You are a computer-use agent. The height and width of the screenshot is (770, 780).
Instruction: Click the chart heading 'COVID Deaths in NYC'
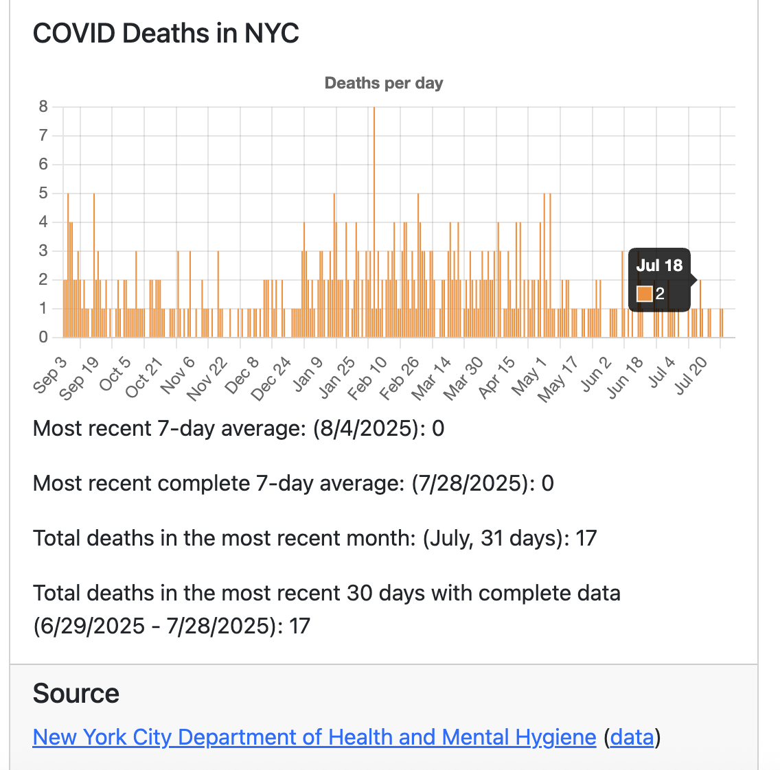click(165, 33)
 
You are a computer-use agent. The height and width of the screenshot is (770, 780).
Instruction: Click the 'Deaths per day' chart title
click(383, 83)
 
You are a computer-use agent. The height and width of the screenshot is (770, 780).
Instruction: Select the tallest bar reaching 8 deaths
click(374, 220)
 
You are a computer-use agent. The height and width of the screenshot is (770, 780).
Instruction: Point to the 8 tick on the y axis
click(43, 106)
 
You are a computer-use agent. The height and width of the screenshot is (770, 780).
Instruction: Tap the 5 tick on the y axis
click(43, 193)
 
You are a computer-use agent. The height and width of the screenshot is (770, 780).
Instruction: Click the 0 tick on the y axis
click(43, 337)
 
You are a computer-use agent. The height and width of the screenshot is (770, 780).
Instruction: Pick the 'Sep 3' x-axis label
click(50, 374)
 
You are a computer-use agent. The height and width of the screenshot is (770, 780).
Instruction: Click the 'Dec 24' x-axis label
click(272, 378)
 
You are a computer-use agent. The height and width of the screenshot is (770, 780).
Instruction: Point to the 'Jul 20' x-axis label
click(691, 377)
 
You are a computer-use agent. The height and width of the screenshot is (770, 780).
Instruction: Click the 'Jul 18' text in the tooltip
click(659, 266)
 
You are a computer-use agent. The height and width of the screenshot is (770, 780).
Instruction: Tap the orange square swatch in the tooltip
click(644, 294)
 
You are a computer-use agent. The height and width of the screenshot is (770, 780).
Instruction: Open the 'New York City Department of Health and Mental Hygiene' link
click(314, 737)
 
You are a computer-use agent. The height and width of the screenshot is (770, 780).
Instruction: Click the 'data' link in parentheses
click(632, 737)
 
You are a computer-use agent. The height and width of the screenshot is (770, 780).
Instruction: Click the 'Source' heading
click(76, 694)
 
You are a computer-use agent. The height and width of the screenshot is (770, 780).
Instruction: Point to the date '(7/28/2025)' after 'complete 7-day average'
click(470, 483)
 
